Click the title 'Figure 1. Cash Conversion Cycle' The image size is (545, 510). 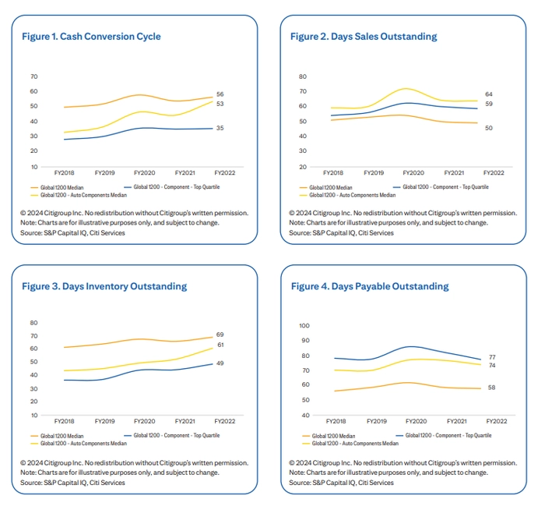coord(91,37)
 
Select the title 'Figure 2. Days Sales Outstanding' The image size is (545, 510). coord(364,37)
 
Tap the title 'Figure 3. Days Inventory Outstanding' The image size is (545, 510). coord(104,286)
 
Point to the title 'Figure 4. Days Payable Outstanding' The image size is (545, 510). coord(370,286)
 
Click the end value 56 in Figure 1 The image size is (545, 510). coord(220,94)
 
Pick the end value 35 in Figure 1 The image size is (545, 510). coord(220,128)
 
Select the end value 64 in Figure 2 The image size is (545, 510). coord(489,94)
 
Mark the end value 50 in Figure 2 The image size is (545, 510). coord(489,128)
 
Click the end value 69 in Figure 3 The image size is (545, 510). coord(220,335)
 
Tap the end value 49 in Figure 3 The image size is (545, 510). coord(220,363)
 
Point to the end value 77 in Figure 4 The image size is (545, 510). coord(492,357)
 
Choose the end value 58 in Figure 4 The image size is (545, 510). coord(492,388)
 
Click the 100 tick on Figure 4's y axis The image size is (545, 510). coord(304,325)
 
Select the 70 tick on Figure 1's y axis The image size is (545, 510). coord(33,76)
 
